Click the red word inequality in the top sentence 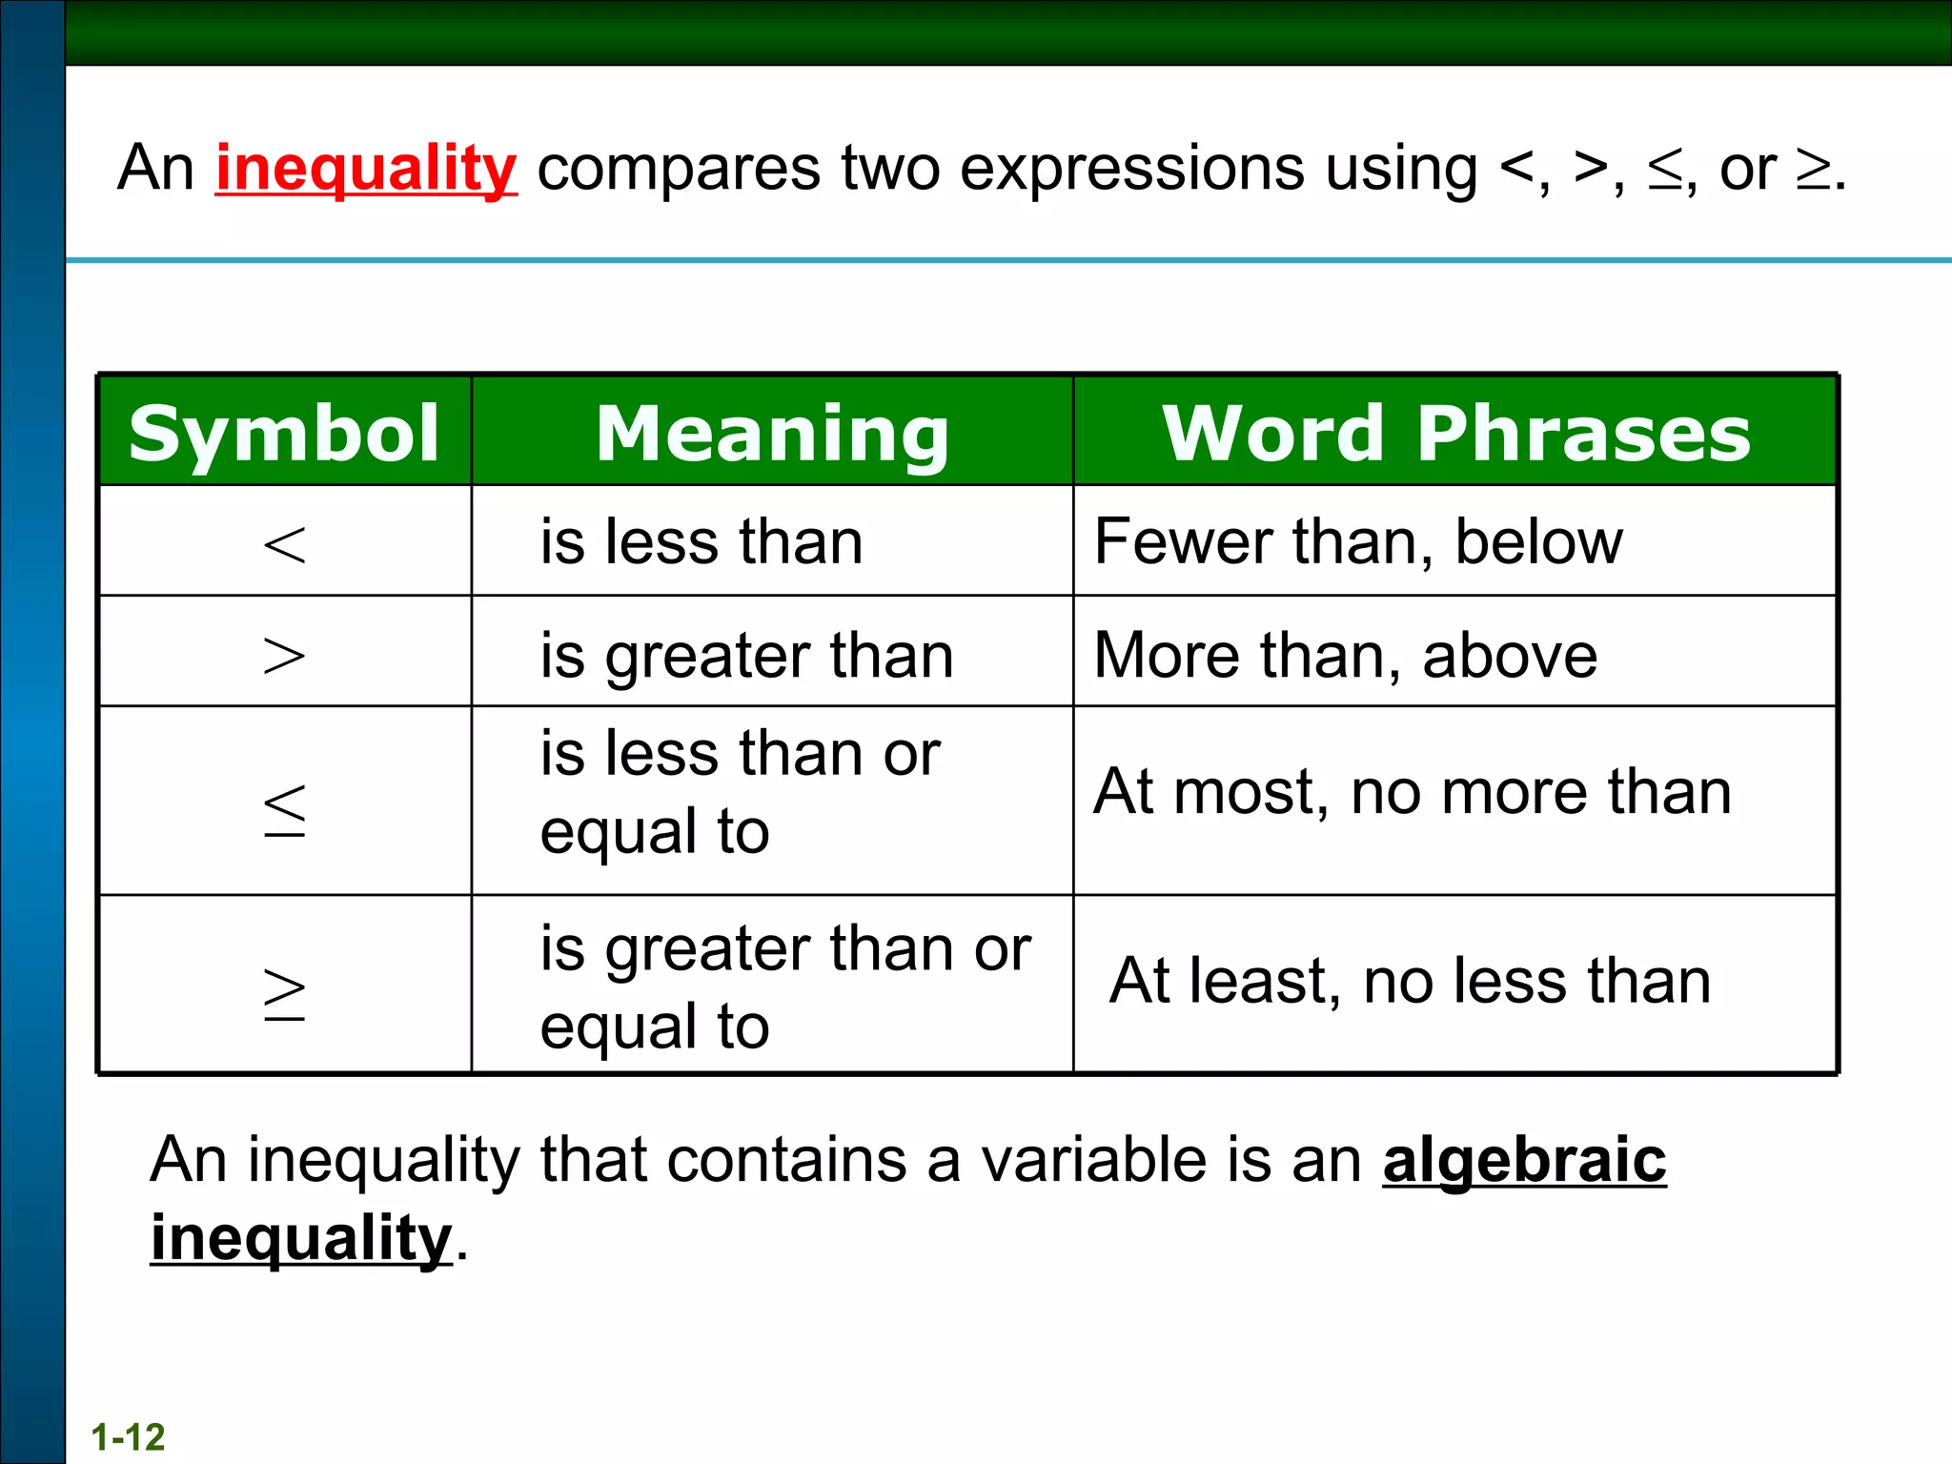[x=366, y=169]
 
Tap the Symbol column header [x=284, y=433]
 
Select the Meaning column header [x=772, y=433]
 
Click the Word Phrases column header [x=1455, y=433]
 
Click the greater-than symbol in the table [x=284, y=656]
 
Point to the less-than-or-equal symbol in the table [x=284, y=810]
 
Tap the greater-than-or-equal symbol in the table [x=284, y=993]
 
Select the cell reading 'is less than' [x=701, y=541]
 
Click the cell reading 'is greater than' [x=746, y=656]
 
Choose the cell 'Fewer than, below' [x=1357, y=541]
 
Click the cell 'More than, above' [x=1345, y=656]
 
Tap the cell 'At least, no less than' [x=1410, y=981]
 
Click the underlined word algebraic [x=1524, y=1160]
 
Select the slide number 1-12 [x=128, y=1436]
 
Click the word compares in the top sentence [x=678, y=169]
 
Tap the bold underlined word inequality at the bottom [x=300, y=1238]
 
